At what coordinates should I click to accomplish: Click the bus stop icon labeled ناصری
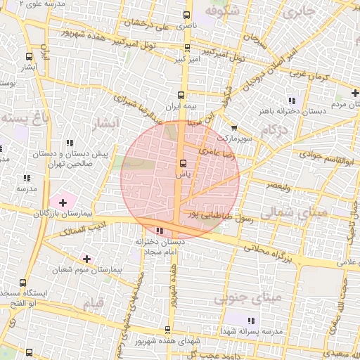pyautogui.click(x=186, y=15)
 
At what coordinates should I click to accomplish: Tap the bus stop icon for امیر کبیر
pyautogui.click(x=186, y=49)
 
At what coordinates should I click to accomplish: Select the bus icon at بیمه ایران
pyautogui.click(x=181, y=94)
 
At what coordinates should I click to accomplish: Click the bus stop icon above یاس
pyautogui.click(x=181, y=165)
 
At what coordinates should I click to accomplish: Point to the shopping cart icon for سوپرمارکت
pyautogui.click(x=233, y=129)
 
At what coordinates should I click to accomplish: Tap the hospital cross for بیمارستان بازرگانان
pyautogui.click(x=63, y=202)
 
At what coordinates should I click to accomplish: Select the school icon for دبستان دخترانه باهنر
pyautogui.click(x=292, y=100)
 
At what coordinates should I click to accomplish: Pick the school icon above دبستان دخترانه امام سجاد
pyautogui.click(x=160, y=231)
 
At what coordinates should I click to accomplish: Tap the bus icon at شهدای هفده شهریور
pyautogui.click(x=167, y=330)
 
